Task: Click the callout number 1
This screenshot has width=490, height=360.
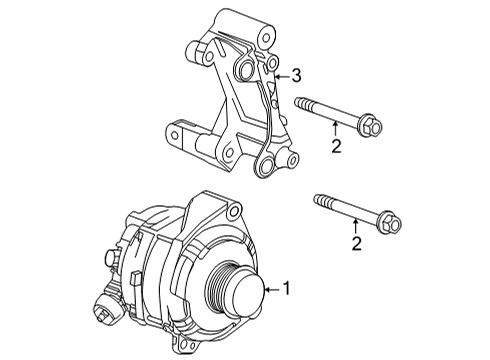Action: [287, 290]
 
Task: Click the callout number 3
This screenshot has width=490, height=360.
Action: [296, 75]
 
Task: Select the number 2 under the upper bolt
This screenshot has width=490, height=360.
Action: [336, 148]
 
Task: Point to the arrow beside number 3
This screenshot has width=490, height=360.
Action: [280, 75]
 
